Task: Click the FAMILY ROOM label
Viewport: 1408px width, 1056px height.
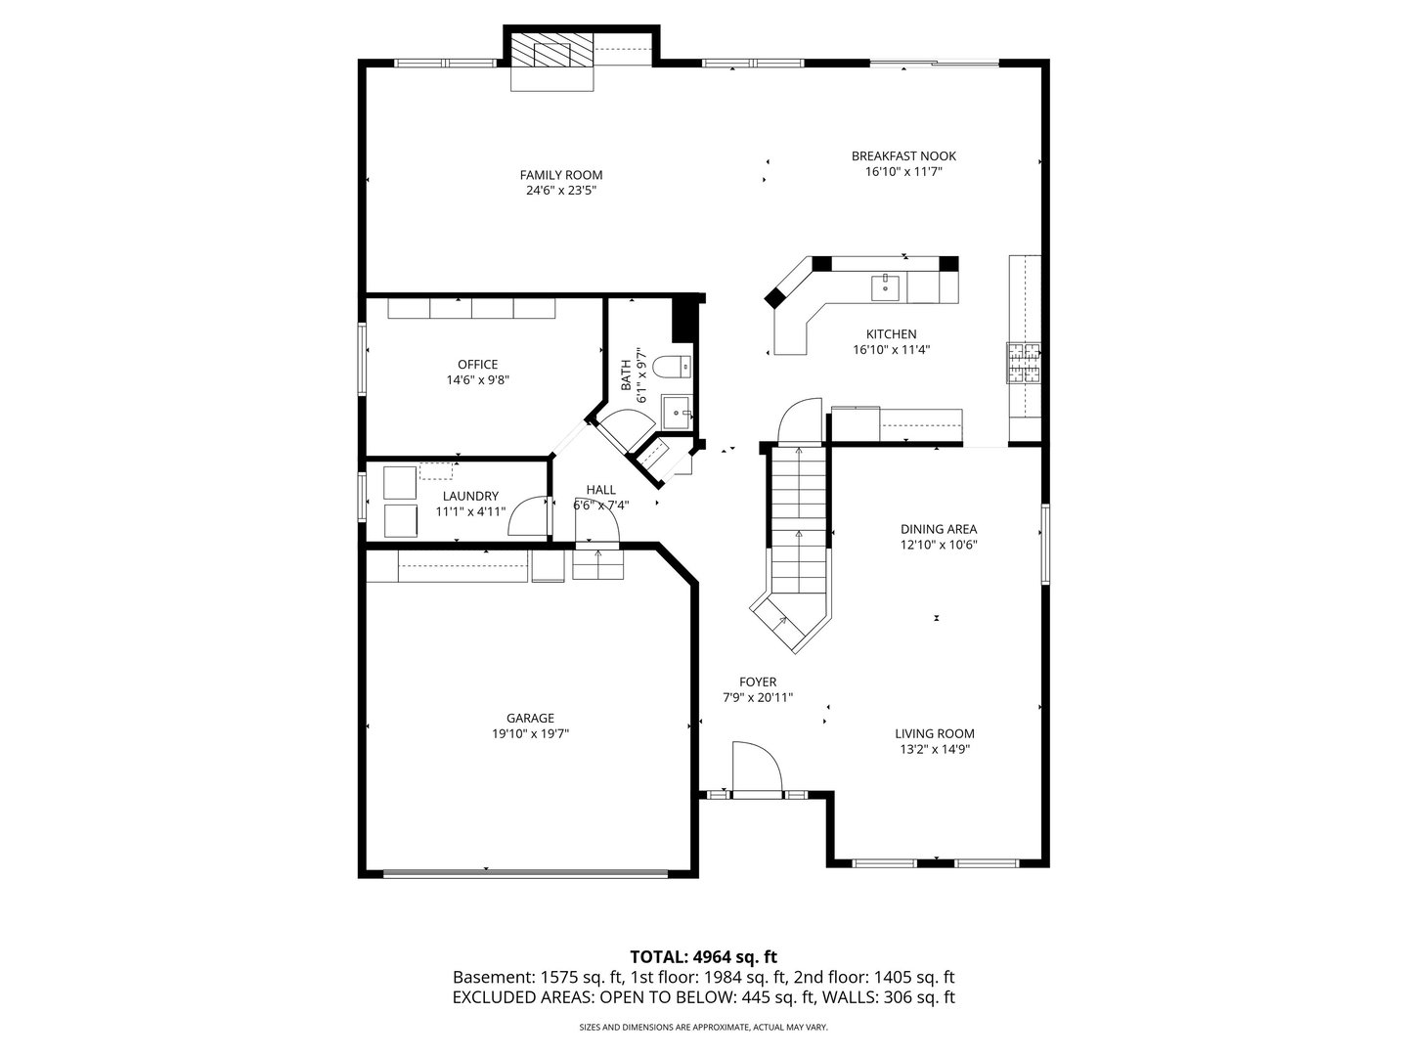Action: (x=560, y=175)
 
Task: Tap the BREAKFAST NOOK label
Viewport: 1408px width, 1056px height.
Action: (x=903, y=155)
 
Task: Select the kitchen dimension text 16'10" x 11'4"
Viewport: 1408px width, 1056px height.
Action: (x=890, y=349)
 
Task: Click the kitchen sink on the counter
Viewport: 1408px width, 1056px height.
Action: (x=885, y=286)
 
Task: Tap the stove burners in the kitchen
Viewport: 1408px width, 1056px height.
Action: (x=1024, y=363)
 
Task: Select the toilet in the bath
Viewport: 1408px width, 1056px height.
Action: (x=673, y=368)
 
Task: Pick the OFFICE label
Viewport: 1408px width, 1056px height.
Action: (x=477, y=365)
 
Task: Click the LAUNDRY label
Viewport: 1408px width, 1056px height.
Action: (x=470, y=496)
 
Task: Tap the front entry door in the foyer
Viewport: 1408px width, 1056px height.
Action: (x=757, y=770)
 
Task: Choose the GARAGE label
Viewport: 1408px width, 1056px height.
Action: (x=530, y=718)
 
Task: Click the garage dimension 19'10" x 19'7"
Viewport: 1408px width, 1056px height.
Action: (x=530, y=733)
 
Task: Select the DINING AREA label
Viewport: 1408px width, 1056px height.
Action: (x=938, y=529)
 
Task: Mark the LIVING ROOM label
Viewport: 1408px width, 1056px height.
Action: (x=934, y=733)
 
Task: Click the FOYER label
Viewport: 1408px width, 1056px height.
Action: (x=757, y=682)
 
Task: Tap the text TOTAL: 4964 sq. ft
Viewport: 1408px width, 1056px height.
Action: (x=703, y=956)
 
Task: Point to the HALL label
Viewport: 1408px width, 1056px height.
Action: (x=600, y=490)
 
